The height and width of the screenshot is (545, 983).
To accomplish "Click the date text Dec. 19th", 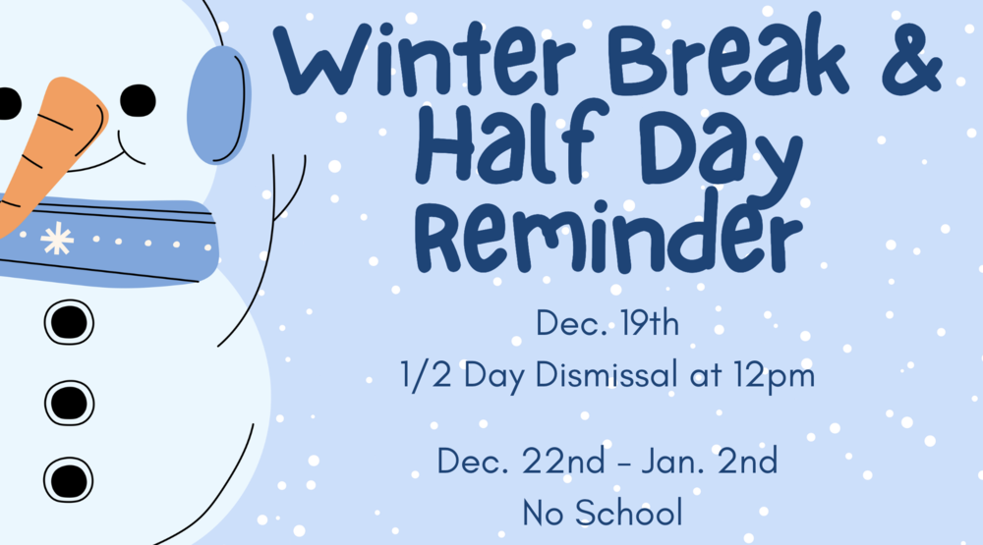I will [x=607, y=323].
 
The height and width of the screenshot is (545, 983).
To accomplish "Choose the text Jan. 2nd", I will [x=715, y=460].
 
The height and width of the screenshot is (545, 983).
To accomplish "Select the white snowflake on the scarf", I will [x=57, y=239].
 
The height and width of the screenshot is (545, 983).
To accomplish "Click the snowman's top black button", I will [x=68, y=321].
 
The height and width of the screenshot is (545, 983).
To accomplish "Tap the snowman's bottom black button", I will [x=68, y=480].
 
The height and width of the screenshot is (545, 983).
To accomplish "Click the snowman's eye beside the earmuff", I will [x=138, y=98].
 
